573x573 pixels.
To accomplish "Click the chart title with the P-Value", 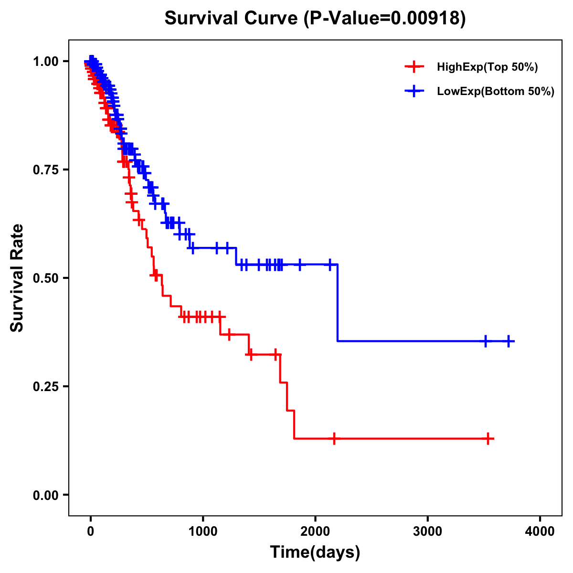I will pyautogui.click(x=315, y=18).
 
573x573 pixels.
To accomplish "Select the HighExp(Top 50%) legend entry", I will pyautogui.click(x=487, y=67).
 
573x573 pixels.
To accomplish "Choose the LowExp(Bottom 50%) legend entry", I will pyautogui.click(x=495, y=91).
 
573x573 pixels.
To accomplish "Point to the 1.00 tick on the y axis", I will pyautogui.click(x=45, y=61).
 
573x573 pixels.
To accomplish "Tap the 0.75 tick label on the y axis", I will pyautogui.click(x=45, y=170).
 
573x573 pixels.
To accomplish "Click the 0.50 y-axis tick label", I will pyautogui.click(x=45, y=278).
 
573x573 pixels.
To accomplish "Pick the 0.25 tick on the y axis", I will pyautogui.click(x=45, y=386).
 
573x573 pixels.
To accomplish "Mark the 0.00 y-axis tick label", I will pyautogui.click(x=45, y=495).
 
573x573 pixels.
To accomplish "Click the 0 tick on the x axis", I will pyautogui.click(x=91, y=531).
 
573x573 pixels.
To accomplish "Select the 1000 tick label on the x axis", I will pyautogui.click(x=203, y=531).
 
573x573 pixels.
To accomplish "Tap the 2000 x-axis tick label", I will pyautogui.click(x=315, y=531).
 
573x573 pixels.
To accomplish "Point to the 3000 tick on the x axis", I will pyautogui.click(x=427, y=531).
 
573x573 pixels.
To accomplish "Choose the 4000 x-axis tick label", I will pyautogui.click(x=540, y=531).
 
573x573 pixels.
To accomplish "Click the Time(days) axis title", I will pyautogui.click(x=315, y=552).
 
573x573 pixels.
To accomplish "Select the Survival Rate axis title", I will pyautogui.click(x=17, y=278).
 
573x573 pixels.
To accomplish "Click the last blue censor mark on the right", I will pyautogui.click(x=509, y=341).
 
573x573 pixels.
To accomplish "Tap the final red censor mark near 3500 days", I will pyautogui.click(x=488, y=438).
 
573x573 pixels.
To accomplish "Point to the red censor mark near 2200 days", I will pyautogui.click(x=334, y=438).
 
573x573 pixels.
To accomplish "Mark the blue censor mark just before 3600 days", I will pyautogui.click(x=486, y=341).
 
